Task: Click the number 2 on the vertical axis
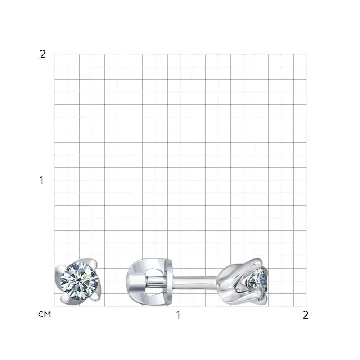coord(42,54)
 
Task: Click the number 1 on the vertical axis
coord(41,180)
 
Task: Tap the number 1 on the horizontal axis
coord(179,315)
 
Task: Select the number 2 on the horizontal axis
coord(305,315)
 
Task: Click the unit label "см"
coord(44,314)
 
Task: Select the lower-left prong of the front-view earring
coord(65,298)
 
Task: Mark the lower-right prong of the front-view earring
coord(95,297)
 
